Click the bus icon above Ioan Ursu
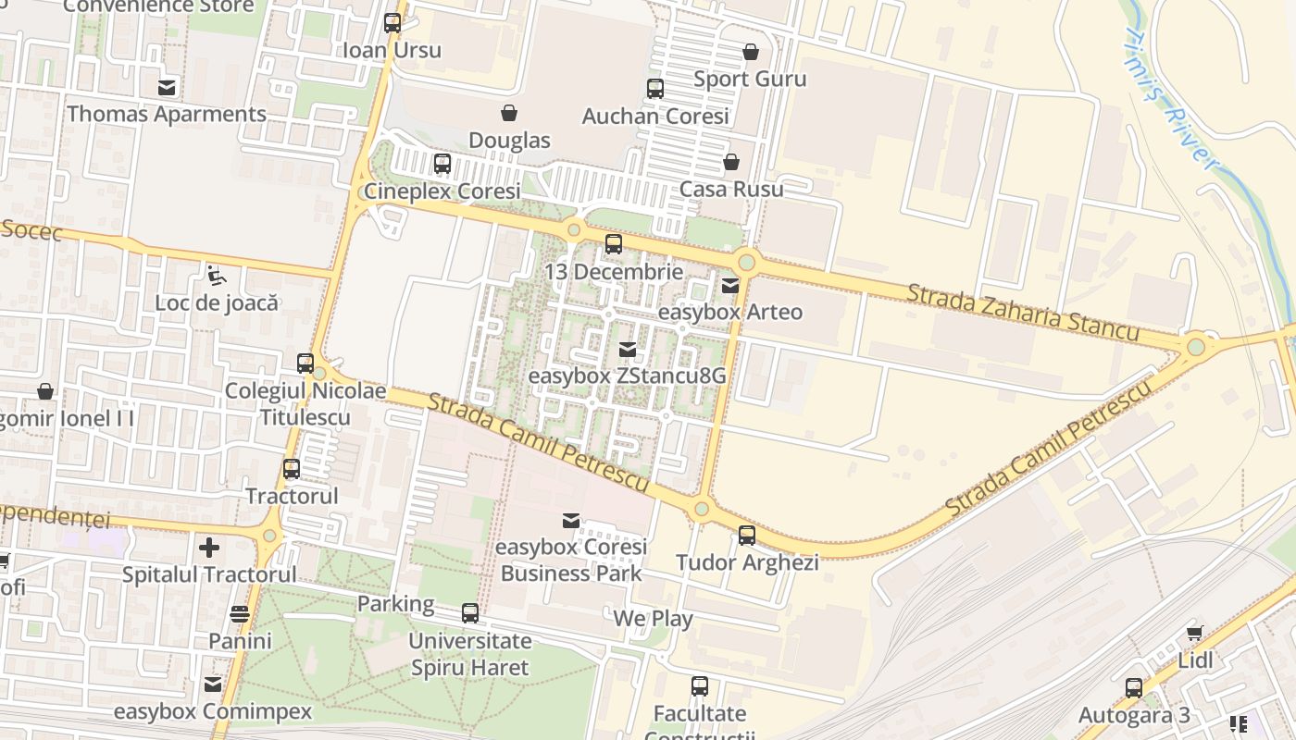393,23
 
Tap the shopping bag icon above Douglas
508,114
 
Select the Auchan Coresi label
655,117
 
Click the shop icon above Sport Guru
750,52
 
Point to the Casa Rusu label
731,189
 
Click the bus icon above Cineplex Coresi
442,164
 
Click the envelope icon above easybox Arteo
730,285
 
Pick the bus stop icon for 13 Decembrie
613,244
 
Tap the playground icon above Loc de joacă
216,275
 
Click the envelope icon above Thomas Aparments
167,88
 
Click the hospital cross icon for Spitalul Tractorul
209,548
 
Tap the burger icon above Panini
240,614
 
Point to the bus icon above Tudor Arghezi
746,535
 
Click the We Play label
653,618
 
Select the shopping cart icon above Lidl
1194,634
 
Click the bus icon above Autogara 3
1134,688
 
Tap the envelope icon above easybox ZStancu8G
628,350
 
